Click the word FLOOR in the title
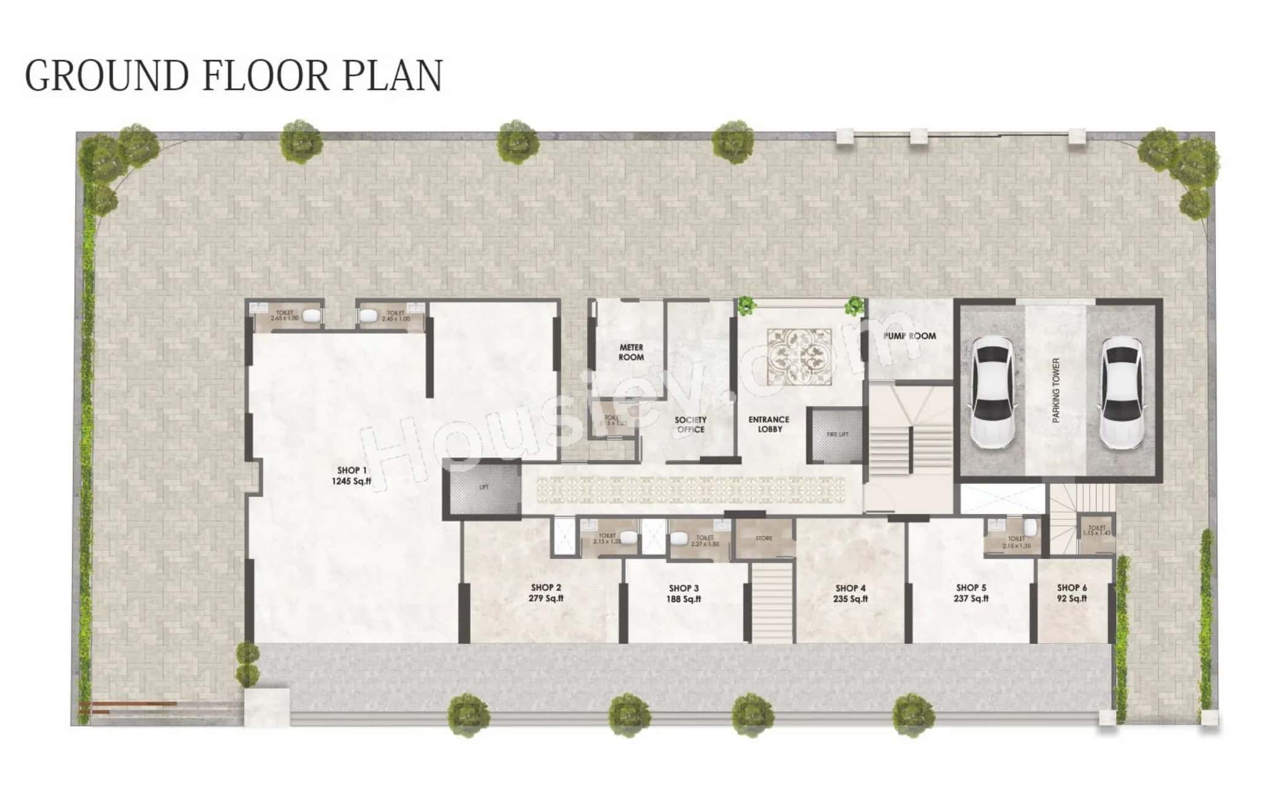click(265, 76)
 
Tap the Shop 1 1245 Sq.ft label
click(351, 476)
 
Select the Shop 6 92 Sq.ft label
click(1071, 593)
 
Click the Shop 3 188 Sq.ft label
click(683, 593)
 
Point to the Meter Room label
click(631, 352)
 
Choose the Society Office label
click(691, 424)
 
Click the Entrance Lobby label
click(769, 424)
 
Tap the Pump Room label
click(909, 336)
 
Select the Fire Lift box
click(836, 434)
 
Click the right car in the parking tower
click(1122, 392)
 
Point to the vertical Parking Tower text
click(1056, 391)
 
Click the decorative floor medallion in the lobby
click(800, 356)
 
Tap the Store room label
click(763, 538)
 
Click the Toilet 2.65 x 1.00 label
click(285, 315)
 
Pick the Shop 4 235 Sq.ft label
click(850, 593)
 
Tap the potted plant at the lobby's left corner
click(746, 305)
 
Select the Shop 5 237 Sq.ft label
click(971, 593)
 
